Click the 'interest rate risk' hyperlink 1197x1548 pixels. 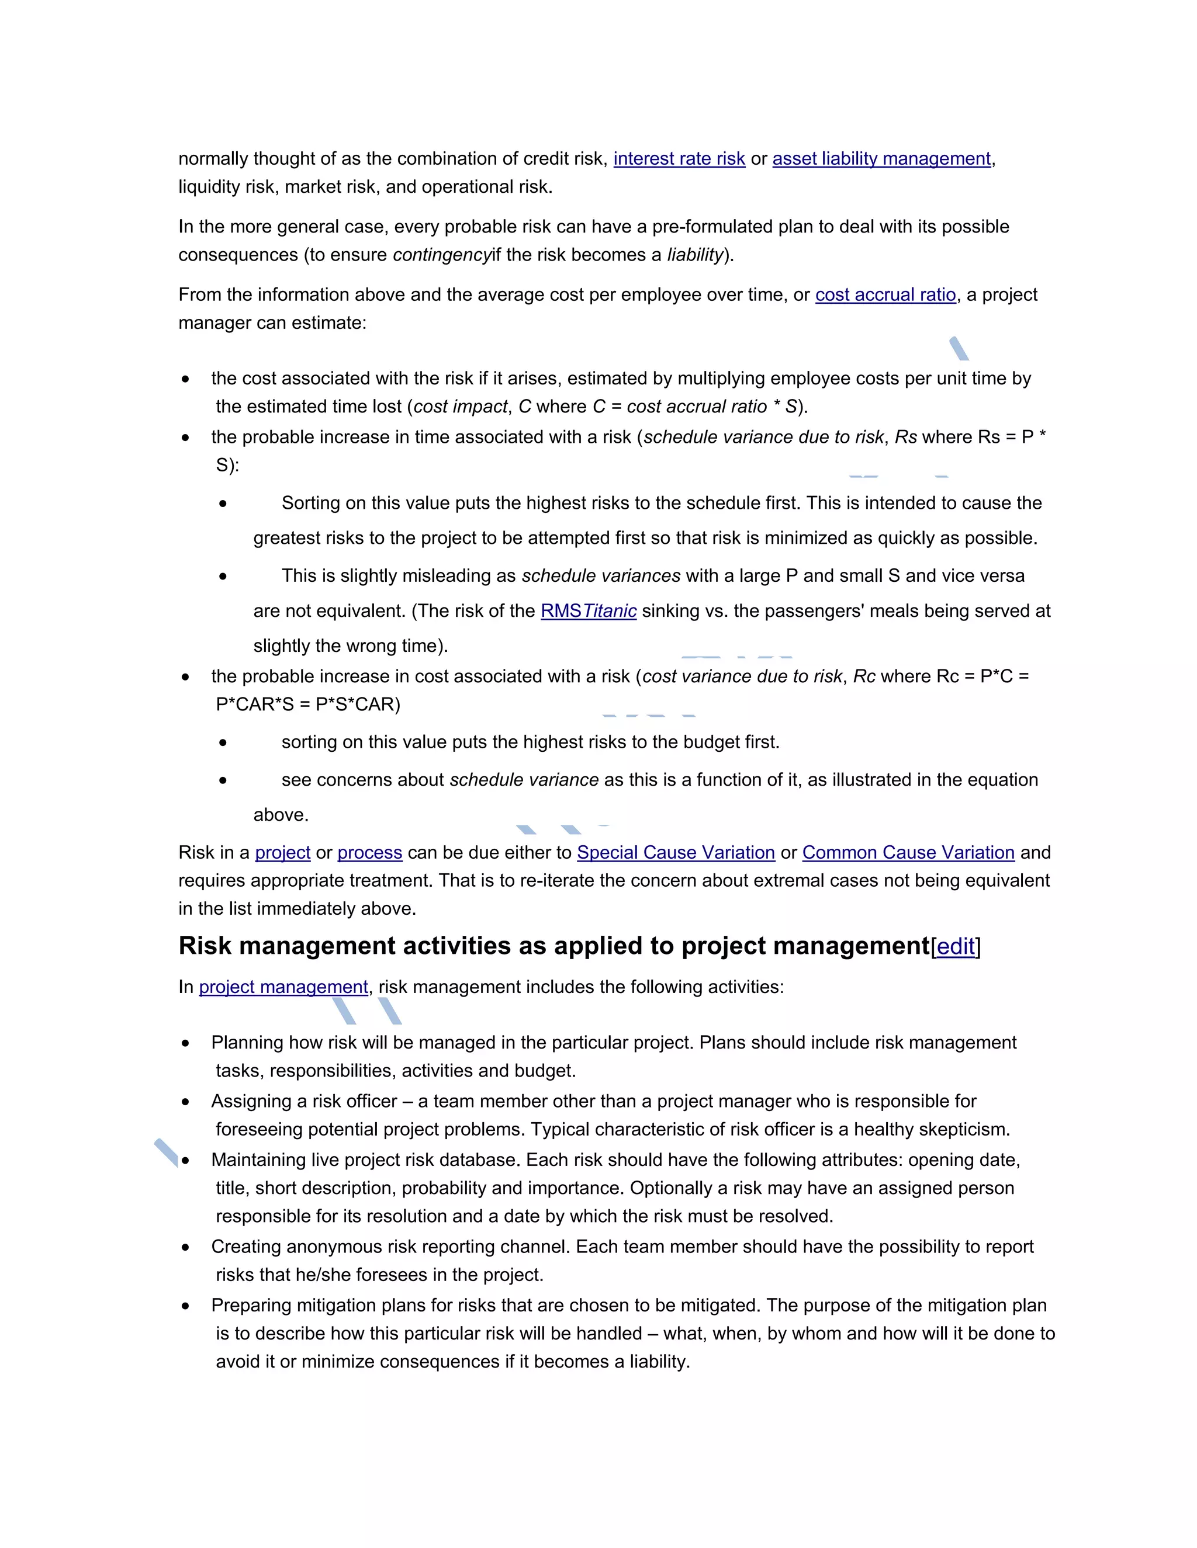click(x=679, y=159)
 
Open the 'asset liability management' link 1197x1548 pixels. click(x=881, y=159)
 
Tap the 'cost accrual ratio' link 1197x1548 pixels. click(x=885, y=295)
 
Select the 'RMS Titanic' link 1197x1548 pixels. click(x=588, y=611)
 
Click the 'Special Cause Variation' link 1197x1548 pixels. click(x=675, y=853)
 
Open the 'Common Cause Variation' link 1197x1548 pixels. click(x=908, y=853)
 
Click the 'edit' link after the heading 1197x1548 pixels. click(x=955, y=947)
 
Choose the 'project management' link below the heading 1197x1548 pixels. click(x=283, y=987)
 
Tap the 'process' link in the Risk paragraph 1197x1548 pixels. click(x=369, y=853)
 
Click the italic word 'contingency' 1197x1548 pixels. click(x=441, y=255)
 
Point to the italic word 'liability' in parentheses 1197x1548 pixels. click(x=695, y=255)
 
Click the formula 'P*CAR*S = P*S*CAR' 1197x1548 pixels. click(x=308, y=704)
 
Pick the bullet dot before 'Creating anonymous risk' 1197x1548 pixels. click(x=186, y=1248)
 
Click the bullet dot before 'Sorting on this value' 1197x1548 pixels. click(x=223, y=504)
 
